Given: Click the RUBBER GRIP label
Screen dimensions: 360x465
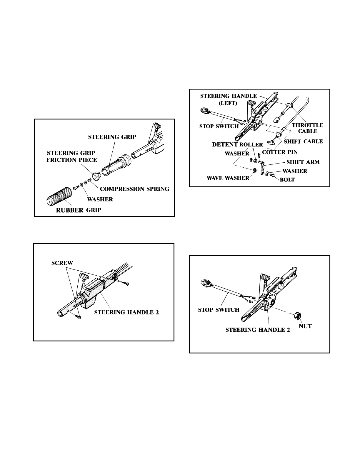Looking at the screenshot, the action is coord(79,210).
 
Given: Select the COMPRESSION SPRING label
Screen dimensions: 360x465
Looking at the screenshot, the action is coord(135,189).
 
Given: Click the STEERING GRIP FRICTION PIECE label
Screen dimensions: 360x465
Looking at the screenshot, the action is coord(71,156).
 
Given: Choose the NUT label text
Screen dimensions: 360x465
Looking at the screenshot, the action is coord(305,326).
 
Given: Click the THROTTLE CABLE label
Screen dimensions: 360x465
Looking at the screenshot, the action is coord(308,128).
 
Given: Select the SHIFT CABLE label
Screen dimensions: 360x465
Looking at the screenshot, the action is coord(303,141).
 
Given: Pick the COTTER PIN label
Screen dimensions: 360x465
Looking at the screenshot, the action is coord(280,152).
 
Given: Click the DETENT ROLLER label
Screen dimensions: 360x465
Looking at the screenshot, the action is coord(237,145).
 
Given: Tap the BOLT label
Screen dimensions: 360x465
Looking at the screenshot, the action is coord(287,180).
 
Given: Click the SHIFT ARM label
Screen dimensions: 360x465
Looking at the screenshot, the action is coord(303,162).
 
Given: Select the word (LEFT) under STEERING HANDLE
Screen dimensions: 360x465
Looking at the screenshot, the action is coord(228,103).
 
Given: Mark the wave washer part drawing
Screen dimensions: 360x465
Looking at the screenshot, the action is coord(254,170).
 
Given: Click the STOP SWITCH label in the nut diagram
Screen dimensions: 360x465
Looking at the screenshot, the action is coord(219,310).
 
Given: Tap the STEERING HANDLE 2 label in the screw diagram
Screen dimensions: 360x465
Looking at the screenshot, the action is coord(126,312).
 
